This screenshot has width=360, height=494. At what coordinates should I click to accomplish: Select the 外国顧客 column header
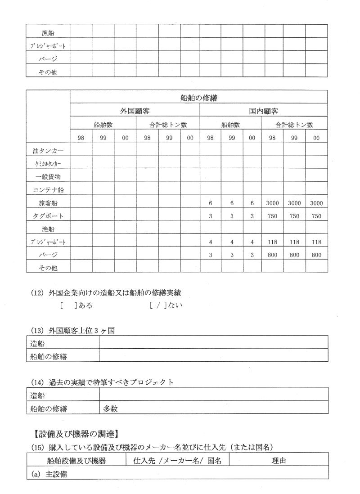tap(135, 110)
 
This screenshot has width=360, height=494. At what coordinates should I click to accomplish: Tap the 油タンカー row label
tap(48, 150)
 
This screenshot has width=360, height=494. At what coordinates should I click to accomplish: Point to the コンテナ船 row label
tap(48, 190)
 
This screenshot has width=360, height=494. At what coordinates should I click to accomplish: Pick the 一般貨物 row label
tap(48, 177)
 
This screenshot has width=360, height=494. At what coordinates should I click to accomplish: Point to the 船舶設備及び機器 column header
tap(76, 460)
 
